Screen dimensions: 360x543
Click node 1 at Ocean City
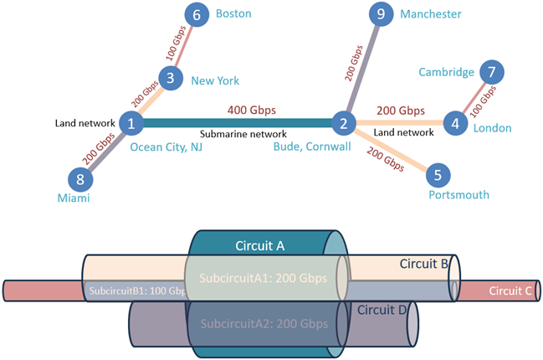[x=131, y=124]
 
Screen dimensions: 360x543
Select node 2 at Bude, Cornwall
[x=343, y=124]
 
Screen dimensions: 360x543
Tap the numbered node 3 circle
[x=171, y=79]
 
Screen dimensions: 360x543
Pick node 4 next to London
[x=455, y=124]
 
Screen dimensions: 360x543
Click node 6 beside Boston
[x=197, y=15]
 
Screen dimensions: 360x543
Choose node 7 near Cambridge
[x=492, y=72]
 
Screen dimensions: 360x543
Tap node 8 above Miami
[x=80, y=177]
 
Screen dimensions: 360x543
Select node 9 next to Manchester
[x=382, y=14]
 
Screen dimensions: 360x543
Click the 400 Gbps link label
[x=250, y=110]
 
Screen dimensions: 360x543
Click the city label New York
[x=215, y=81]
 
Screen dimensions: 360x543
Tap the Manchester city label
[x=430, y=14]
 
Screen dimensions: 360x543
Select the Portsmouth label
[x=458, y=195]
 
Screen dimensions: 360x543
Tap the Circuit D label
[x=382, y=310]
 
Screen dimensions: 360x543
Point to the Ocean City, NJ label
[x=166, y=147]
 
